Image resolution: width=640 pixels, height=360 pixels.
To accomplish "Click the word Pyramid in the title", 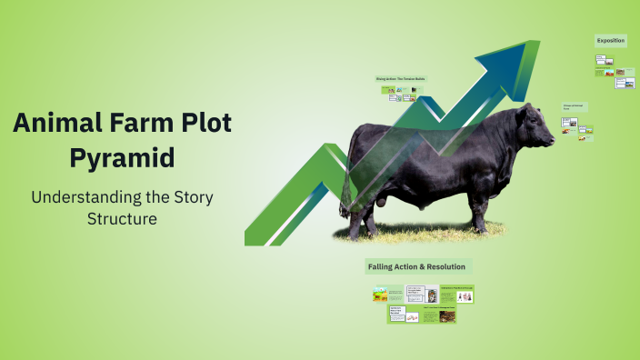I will point(123,157).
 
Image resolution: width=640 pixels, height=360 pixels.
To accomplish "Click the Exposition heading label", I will point(611,41).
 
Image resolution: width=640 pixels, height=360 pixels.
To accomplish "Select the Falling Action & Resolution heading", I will point(416,266).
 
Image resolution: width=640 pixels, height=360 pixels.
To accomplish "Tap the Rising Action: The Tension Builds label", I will point(400,79).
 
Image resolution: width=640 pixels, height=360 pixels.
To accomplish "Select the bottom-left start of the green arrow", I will point(257,238).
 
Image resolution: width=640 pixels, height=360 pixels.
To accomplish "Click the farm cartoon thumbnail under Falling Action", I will point(380,295).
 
